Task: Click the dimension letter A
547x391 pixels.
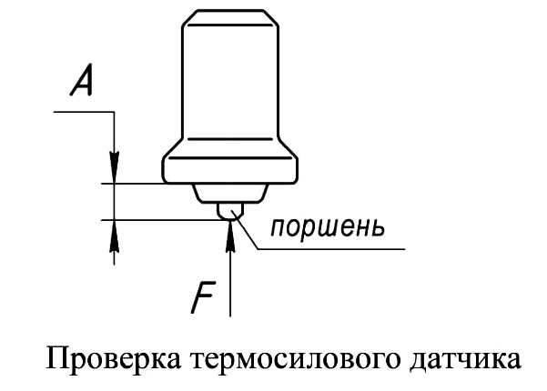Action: [x=82, y=80]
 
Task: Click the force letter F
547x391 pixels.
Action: [x=202, y=297]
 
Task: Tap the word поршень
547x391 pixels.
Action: [x=328, y=228]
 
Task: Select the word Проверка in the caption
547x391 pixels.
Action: [x=114, y=359]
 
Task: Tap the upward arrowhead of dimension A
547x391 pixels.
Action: [x=114, y=236]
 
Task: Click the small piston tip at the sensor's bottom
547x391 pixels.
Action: [x=230, y=211]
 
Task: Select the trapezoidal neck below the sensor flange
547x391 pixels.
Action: [x=230, y=193]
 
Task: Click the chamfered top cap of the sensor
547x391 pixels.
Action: [x=230, y=17]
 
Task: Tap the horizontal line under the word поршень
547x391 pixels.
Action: [x=331, y=249]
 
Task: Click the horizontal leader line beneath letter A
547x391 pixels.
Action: [x=84, y=112]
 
